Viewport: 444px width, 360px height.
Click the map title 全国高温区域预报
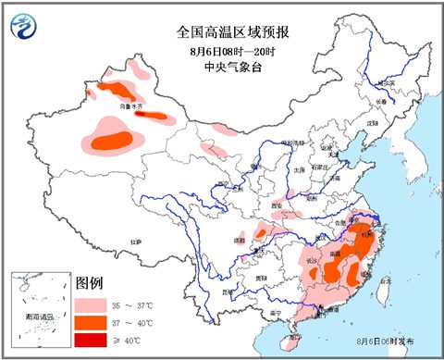coord(222,31)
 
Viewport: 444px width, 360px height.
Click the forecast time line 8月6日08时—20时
coord(222,51)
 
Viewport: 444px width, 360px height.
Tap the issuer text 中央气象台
coord(222,68)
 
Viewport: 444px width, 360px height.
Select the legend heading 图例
coord(89,281)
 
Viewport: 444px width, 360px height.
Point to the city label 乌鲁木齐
coord(134,107)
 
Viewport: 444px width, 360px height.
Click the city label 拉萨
coord(136,242)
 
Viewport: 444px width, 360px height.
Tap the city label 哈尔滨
coord(397,82)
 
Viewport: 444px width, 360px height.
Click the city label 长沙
coord(312,260)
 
